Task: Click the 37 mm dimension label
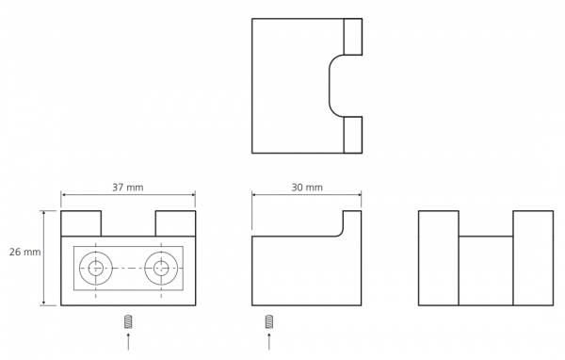[127, 188]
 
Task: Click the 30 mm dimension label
[307, 188]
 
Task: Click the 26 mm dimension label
[24, 252]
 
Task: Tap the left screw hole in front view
[96, 268]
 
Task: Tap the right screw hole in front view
[161, 268]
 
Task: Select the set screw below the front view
[128, 321]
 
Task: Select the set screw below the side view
[268, 321]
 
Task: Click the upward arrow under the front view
[128, 341]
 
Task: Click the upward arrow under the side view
[269, 341]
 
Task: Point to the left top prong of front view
[81, 223]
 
